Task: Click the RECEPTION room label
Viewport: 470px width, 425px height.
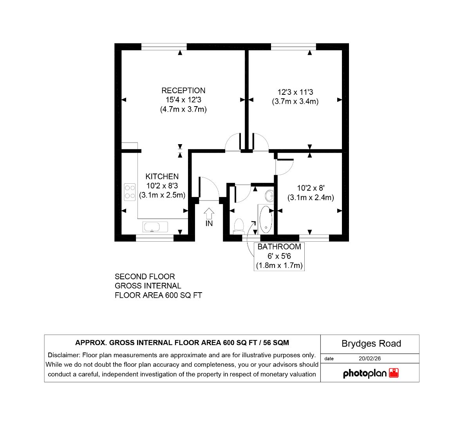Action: (x=183, y=90)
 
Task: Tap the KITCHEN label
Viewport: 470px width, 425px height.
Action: (x=162, y=176)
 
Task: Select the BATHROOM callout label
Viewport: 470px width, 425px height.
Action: (x=279, y=247)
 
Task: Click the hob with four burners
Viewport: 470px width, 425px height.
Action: (x=130, y=192)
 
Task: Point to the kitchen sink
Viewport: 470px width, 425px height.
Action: (x=155, y=227)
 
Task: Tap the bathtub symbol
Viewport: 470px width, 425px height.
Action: (x=266, y=219)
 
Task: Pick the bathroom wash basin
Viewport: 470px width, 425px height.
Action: (x=270, y=196)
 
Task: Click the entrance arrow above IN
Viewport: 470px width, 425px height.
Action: (x=209, y=213)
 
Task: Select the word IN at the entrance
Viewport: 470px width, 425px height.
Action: (x=209, y=224)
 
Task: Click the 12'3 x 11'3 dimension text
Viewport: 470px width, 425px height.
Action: (x=295, y=92)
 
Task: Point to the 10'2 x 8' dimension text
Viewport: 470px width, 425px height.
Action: (x=311, y=188)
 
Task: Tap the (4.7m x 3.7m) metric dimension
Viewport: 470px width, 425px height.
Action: (x=183, y=109)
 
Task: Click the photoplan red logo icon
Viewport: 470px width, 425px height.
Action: (x=394, y=373)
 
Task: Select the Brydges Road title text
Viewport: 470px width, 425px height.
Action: (x=371, y=344)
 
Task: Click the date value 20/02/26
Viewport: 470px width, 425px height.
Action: (x=370, y=358)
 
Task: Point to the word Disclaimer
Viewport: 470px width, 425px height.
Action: (x=64, y=355)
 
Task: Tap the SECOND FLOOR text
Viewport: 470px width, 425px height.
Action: (x=145, y=277)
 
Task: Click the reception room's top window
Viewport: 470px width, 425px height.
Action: (x=164, y=47)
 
